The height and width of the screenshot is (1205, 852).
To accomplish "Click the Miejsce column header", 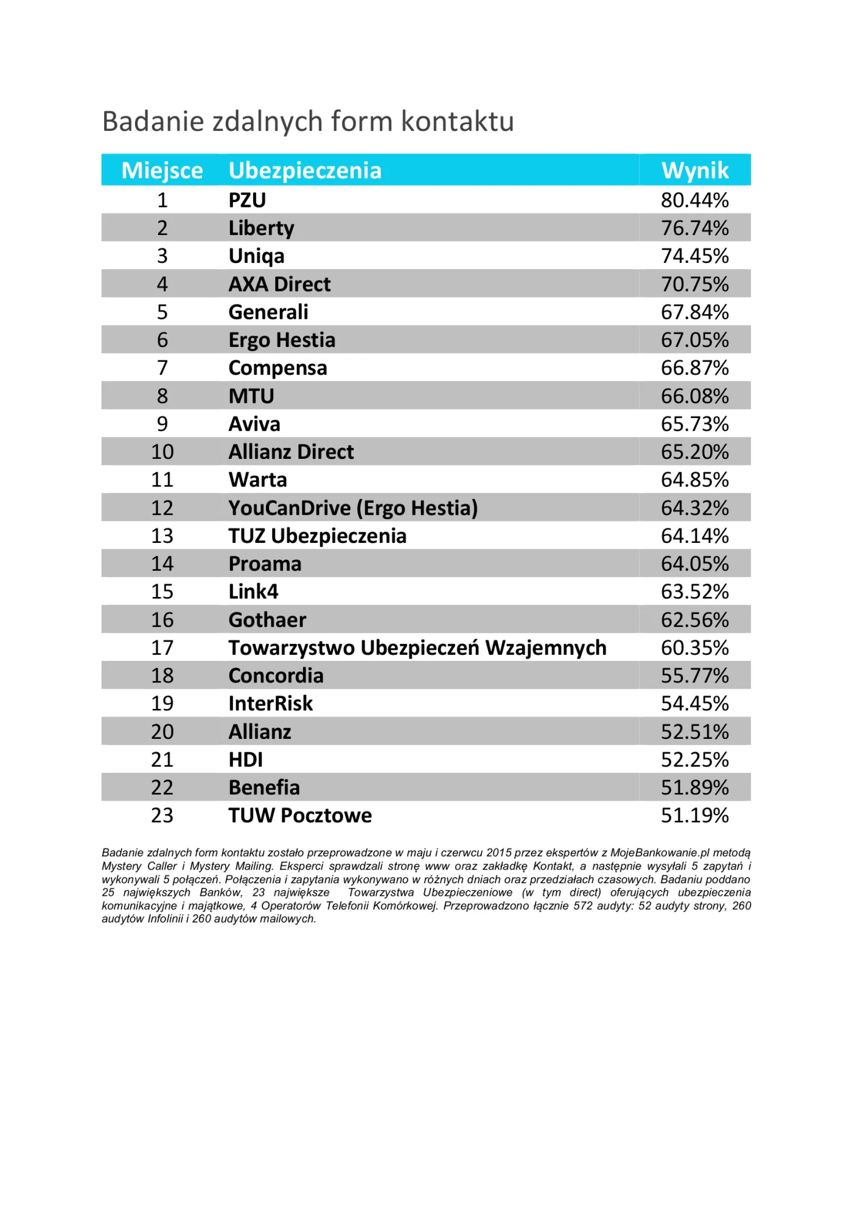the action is click(x=162, y=170).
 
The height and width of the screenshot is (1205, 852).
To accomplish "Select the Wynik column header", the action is click(x=695, y=170).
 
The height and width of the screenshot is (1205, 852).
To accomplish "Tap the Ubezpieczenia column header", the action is click(x=305, y=171).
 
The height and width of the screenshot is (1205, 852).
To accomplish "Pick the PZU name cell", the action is click(x=247, y=200).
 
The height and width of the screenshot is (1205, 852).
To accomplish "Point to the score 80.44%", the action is click(x=695, y=200).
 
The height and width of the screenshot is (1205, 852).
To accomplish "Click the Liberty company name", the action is click(x=261, y=228).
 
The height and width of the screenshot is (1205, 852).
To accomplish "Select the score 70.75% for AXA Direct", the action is click(x=695, y=284).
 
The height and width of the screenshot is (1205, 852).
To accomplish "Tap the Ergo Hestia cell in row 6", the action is click(x=282, y=340).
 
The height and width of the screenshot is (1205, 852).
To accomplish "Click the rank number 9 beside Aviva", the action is click(x=162, y=424).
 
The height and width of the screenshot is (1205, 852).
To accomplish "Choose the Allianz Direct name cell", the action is click(x=291, y=452).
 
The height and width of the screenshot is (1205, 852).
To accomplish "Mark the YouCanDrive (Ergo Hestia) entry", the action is click(x=353, y=508).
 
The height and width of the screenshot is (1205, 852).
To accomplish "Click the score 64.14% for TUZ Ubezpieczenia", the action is click(x=695, y=536).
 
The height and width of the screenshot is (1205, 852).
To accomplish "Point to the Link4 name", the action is click(x=253, y=592).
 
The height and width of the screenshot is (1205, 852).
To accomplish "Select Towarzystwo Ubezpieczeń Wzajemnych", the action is click(x=417, y=648).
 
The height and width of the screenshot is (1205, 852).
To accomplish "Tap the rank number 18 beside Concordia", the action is click(x=162, y=676).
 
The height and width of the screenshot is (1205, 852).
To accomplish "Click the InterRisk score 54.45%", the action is click(x=695, y=704).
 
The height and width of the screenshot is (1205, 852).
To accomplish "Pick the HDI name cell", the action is click(x=246, y=760).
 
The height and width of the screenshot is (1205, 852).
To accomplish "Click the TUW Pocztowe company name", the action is click(x=300, y=816).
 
